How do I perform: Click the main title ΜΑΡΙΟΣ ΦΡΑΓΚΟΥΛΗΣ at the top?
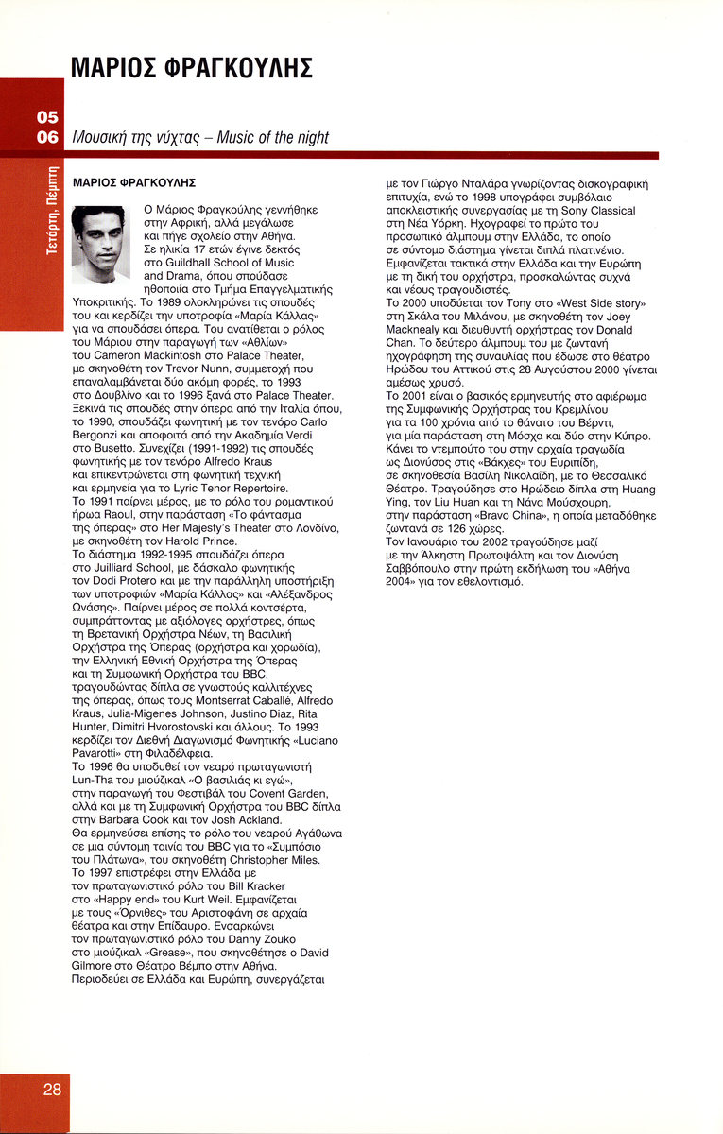[x=192, y=68]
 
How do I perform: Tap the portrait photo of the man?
[x=100, y=244]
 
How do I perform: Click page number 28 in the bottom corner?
[x=52, y=1089]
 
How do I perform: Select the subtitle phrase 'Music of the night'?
[x=272, y=138]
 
